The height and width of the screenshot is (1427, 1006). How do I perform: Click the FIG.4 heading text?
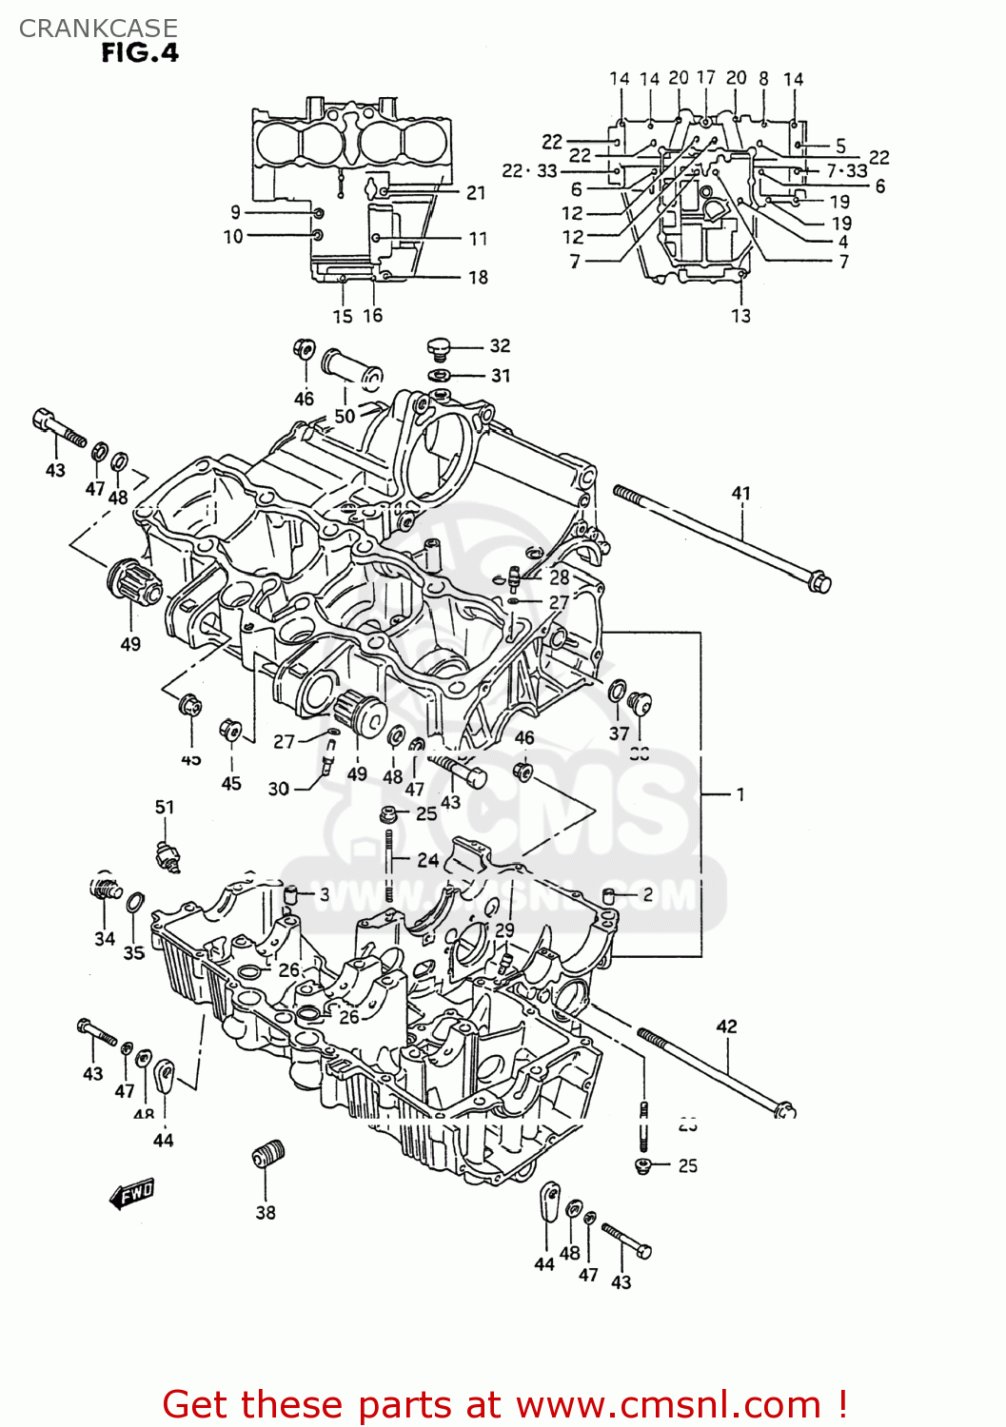click(x=140, y=53)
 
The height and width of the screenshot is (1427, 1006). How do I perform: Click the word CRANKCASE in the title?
click(x=98, y=29)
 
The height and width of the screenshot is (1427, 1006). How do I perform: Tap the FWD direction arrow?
click(x=131, y=1193)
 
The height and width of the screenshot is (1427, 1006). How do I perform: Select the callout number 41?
click(x=741, y=493)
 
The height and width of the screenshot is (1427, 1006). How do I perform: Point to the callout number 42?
click(x=726, y=1026)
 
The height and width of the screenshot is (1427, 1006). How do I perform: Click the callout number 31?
click(x=501, y=376)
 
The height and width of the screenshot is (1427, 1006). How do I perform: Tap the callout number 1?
click(x=740, y=794)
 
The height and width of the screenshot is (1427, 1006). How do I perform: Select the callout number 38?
click(x=266, y=1212)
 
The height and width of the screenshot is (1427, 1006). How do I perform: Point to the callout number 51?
click(x=165, y=807)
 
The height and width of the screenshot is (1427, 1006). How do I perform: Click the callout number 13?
click(x=740, y=316)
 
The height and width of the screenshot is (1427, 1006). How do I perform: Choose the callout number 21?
click(x=476, y=193)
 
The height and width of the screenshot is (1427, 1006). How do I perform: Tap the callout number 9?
click(x=235, y=212)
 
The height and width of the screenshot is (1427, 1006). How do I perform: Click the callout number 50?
click(x=345, y=416)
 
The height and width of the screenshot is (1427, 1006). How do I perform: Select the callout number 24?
click(x=428, y=860)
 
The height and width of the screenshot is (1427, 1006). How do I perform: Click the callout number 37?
click(x=619, y=733)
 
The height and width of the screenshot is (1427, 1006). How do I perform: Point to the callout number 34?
click(x=105, y=939)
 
